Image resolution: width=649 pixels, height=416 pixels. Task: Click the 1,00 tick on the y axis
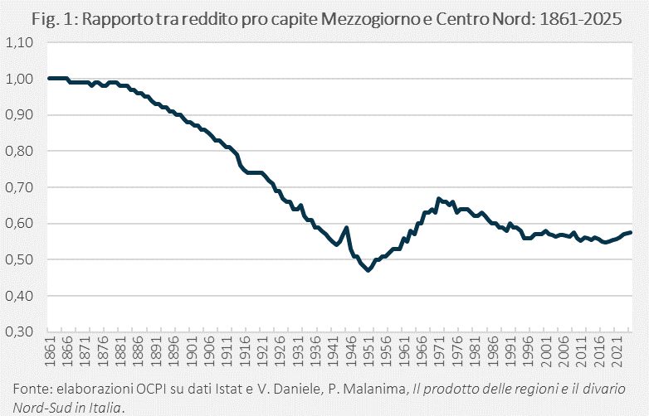click(19, 79)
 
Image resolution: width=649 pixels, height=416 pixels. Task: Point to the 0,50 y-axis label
click(19, 259)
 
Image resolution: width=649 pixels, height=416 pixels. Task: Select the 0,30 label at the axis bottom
click(19, 331)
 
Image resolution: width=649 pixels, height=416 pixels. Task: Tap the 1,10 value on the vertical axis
click(19, 42)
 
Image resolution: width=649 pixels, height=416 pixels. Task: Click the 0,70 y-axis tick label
click(19, 187)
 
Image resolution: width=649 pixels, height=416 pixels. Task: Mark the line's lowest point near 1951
click(368, 270)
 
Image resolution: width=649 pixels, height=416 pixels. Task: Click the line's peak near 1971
click(439, 199)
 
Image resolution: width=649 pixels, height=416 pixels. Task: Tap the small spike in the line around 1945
click(346, 227)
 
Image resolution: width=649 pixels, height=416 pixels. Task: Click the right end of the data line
click(631, 233)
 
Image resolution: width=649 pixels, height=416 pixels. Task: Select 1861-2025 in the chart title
click(581, 19)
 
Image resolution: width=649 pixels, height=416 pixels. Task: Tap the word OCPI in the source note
click(151, 389)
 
